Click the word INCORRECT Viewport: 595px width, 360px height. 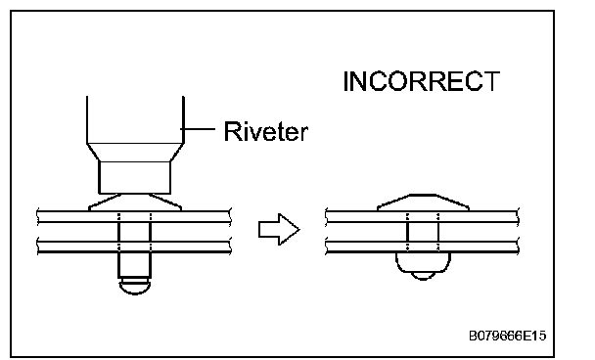click(x=421, y=81)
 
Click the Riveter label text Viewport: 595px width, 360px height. click(x=265, y=131)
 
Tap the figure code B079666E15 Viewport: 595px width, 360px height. click(x=507, y=336)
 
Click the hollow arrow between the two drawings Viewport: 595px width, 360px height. click(x=279, y=229)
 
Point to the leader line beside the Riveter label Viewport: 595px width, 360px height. click(x=198, y=129)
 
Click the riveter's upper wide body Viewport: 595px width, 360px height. click(x=135, y=120)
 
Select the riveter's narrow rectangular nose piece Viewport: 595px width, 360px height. click(x=134, y=177)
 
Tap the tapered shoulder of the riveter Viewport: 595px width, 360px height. click(x=135, y=153)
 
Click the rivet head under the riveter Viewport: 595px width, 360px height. click(x=135, y=202)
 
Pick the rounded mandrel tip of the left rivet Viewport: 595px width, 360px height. click(x=135, y=287)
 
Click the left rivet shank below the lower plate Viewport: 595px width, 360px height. click(x=135, y=265)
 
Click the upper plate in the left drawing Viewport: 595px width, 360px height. click(x=134, y=216)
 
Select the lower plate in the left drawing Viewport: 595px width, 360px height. click(x=134, y=247)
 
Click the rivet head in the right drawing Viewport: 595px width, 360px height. click(x=423, y=202)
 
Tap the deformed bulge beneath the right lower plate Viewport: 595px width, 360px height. click(x=423, y=262)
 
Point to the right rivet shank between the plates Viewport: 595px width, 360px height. click(x=423, y=232)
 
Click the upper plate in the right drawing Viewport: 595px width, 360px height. click(x=422, y=216)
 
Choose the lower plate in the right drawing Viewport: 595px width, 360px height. click(x=422, y=247)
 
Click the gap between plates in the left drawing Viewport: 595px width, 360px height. click(x=76, y=232)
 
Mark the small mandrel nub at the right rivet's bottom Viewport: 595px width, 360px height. click(x=423, y=276)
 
